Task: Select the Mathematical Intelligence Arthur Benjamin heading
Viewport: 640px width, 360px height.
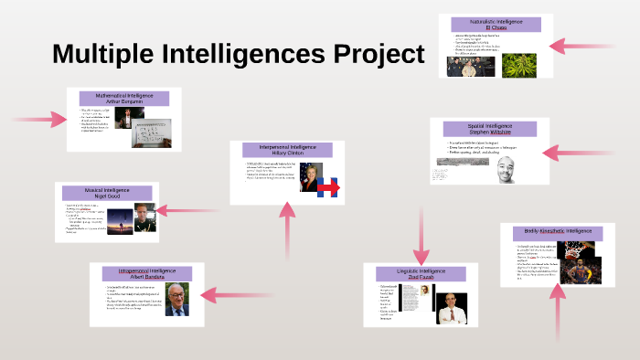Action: (x=124, y=99)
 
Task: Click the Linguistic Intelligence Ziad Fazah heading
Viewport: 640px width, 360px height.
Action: (x=421, y=274)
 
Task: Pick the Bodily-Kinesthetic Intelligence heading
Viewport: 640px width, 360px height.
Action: (x=557, y=232)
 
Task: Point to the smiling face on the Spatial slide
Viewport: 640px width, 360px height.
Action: (x=507, y=169)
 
